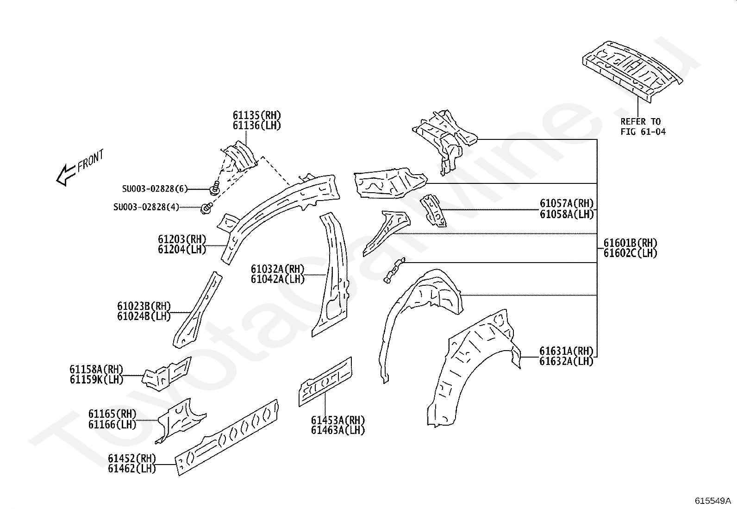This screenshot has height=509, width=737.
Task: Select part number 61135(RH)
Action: [x=257, y=115]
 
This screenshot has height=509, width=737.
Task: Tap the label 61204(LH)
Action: [x=182, y=249]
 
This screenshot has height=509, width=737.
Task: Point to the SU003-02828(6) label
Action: [x=155, y=189]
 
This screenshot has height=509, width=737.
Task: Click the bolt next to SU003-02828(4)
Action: [x=206, y=208]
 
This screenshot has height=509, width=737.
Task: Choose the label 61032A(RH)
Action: [x=278, y=269]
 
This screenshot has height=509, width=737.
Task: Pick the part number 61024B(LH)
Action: [x=144, y=316]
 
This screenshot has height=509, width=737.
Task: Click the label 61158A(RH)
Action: [x=96, y=369]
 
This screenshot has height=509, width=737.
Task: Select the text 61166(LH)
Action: [x=112, y=424]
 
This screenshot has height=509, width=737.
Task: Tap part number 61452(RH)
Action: [x=132, y=459]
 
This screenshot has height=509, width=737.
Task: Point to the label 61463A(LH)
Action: [x=338, y=430]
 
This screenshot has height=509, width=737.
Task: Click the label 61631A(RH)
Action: [x=566, y=351]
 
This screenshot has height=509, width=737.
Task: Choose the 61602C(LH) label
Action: [x=631, y=253]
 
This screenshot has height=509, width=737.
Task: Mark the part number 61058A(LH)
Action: [x=567, y=214]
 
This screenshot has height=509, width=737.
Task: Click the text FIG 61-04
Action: [x=643, y=132]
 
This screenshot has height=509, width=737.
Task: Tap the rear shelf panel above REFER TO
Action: [x=632, y=71]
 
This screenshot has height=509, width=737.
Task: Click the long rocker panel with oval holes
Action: [x=227, y=437]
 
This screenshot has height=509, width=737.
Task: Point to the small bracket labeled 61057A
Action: [x=433, y=211]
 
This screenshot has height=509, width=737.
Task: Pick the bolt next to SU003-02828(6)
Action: [x=215, y=188]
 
